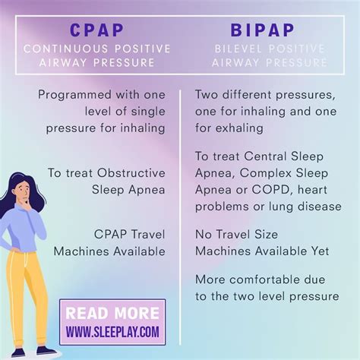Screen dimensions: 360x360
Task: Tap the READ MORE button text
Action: pos(112,314)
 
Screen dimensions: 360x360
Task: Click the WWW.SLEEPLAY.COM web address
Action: pos(112,332)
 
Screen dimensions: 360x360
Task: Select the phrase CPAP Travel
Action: pos(129,233)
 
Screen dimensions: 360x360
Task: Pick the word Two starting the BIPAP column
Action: pos(207,95)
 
